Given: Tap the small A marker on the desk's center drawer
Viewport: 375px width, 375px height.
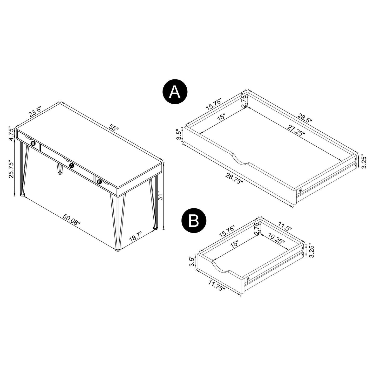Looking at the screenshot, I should [x=71, y=165].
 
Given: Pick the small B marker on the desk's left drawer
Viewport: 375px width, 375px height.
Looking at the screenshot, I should [x=33, y=143].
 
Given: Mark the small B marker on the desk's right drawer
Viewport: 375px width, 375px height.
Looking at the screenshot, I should [x=99, y=182].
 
